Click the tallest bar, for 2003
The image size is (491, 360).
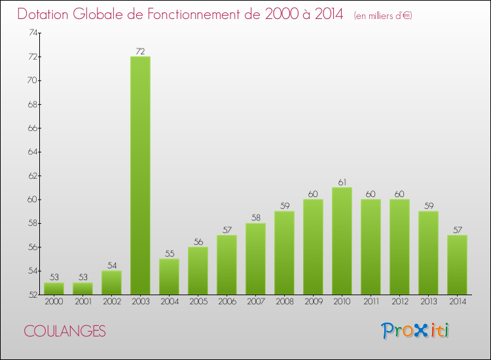[140, 175]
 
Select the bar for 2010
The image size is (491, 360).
[342, 241]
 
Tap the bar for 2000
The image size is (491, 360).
[54, 289]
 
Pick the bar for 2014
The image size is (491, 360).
[457, 264]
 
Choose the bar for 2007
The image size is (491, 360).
[255, 259]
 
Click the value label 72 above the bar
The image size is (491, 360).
[140, 51]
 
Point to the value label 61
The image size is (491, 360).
[342, 182]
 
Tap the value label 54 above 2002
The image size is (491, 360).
[111, 265]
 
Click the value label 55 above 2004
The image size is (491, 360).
[169, 253]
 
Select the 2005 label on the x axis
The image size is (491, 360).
[198, 302]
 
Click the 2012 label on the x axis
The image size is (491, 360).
[399, 302]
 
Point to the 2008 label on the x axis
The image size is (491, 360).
[284, 302]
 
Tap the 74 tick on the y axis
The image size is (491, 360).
[31, 33]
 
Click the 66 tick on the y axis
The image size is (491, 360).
[31, 128]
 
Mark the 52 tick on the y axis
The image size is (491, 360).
[31, 295]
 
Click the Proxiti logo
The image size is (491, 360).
[416, 331]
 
